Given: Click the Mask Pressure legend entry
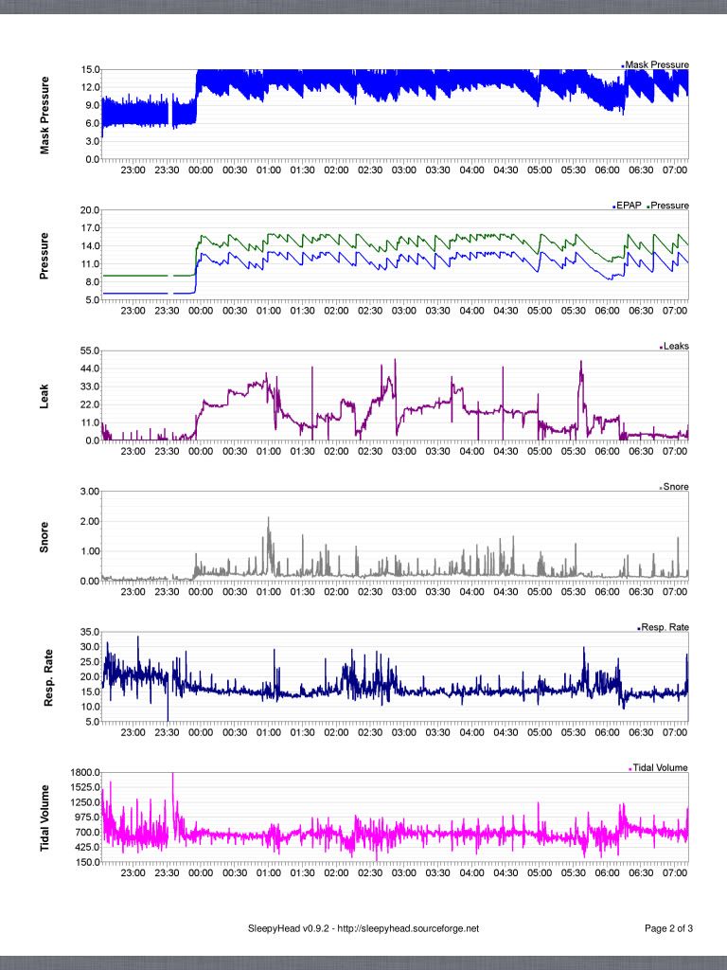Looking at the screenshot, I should click(x=656, y=64).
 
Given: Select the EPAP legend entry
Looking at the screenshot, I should click(x=629, y=206).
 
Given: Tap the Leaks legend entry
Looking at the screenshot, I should click(x=675, y=347).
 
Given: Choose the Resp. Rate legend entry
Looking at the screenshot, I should click(x=665, y=627).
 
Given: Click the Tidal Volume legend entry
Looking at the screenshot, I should click(x=659, y=767).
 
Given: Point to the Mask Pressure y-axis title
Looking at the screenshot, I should click(x=44, y=116).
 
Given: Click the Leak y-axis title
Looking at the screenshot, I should click(x=44, y=396).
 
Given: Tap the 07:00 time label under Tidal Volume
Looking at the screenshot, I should click(x=674, y=872).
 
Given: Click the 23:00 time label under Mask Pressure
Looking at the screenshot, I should click(x=133, y=171).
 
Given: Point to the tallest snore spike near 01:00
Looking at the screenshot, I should click(x=269, y=519).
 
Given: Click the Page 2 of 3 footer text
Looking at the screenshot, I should click(x=668, y=929).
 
